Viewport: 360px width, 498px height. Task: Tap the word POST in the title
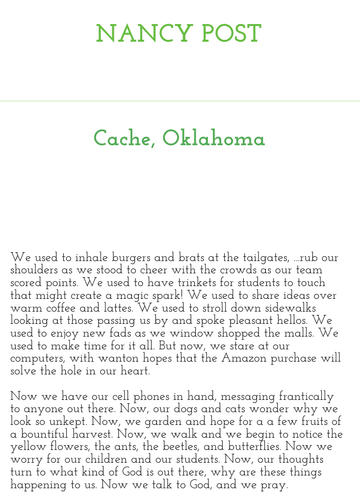click(231, 35)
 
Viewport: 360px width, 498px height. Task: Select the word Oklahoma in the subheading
click(213, 139)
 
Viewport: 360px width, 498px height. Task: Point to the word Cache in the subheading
click(123, 139)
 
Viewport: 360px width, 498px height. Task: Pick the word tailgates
click(264, 258)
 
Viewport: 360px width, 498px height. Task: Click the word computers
click(37, 359)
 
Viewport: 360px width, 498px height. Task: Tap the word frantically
click(306, 397)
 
